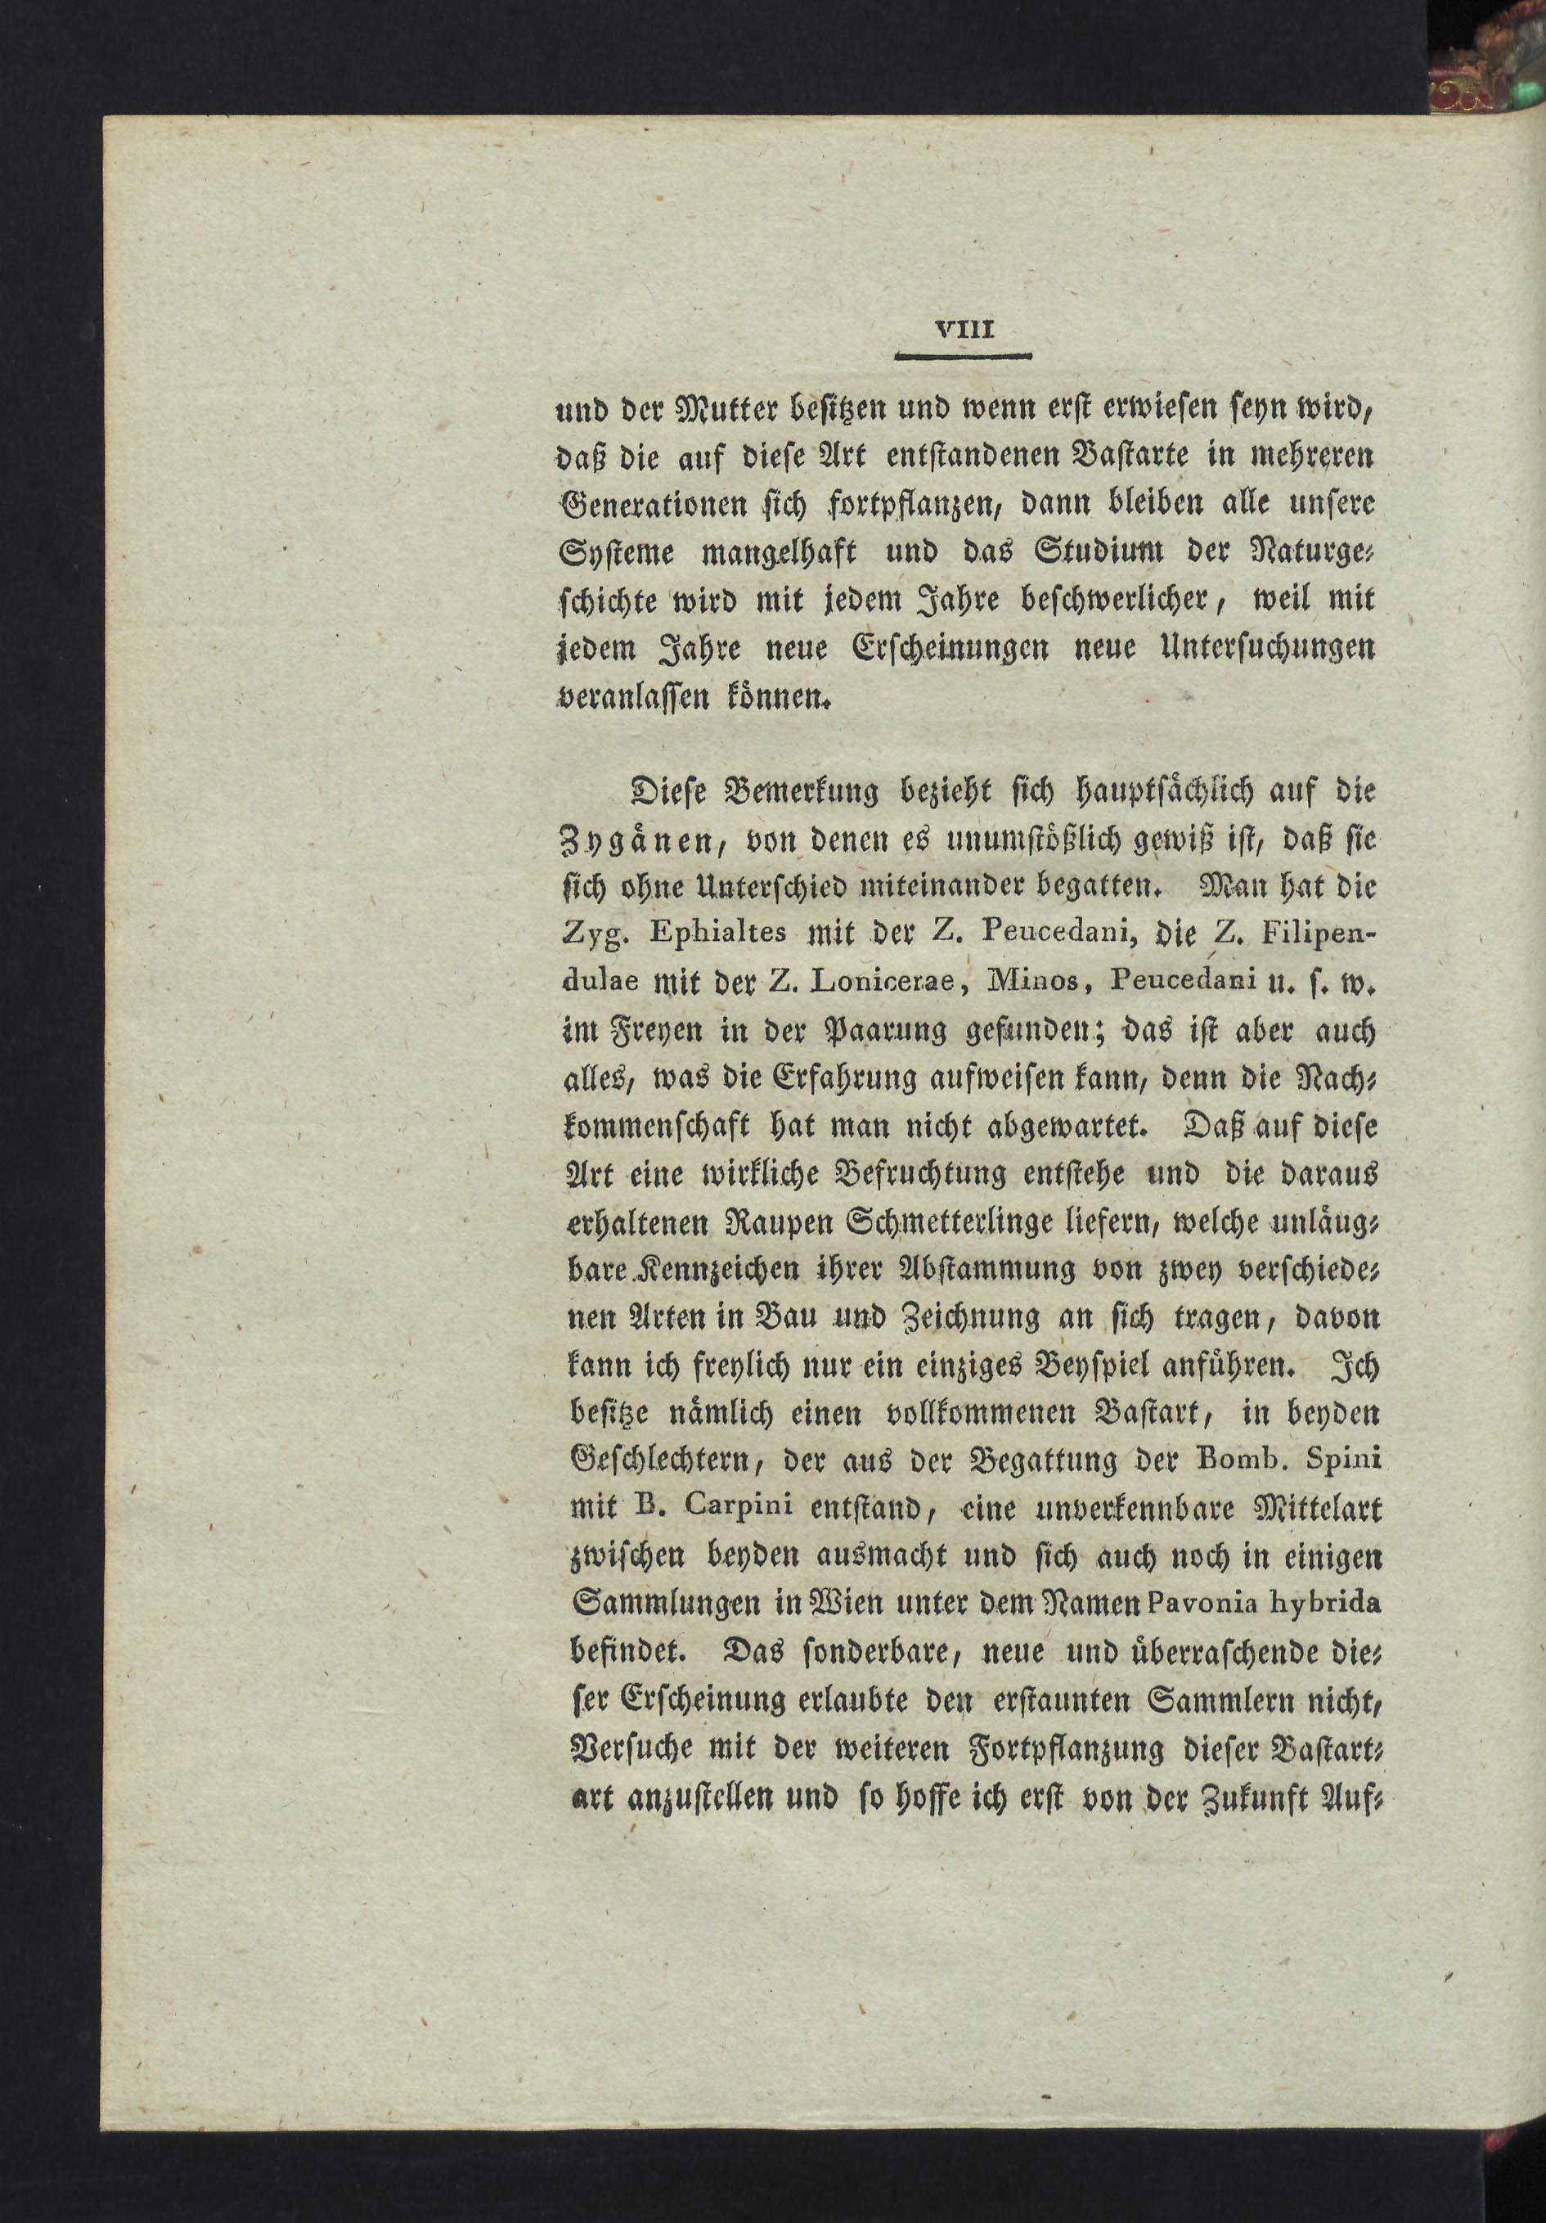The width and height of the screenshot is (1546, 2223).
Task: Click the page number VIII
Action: [965, 329]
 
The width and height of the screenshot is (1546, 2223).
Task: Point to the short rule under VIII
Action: [964, 356]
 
